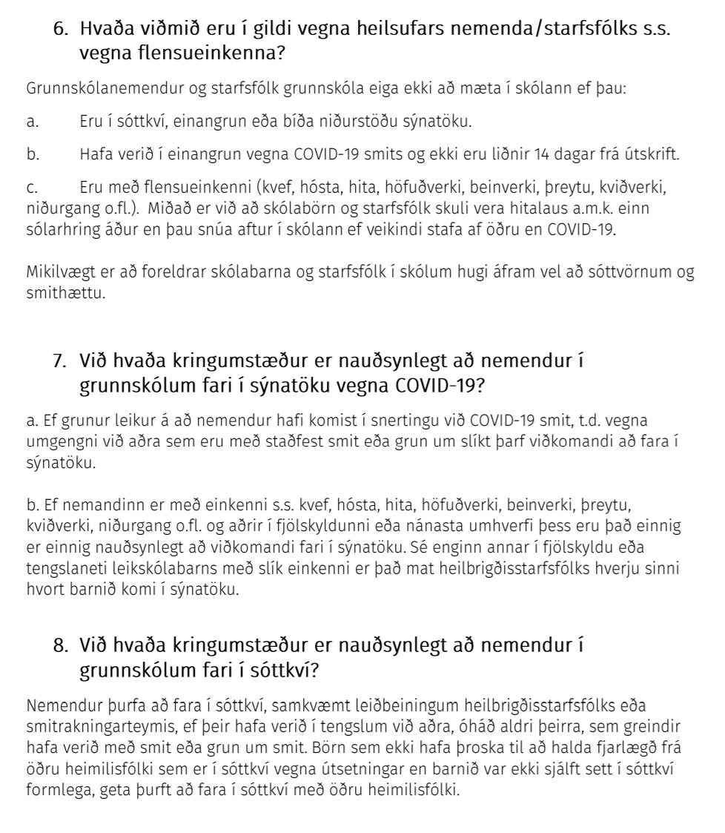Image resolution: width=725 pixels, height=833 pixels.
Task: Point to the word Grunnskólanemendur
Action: click(x=87, y=89)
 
